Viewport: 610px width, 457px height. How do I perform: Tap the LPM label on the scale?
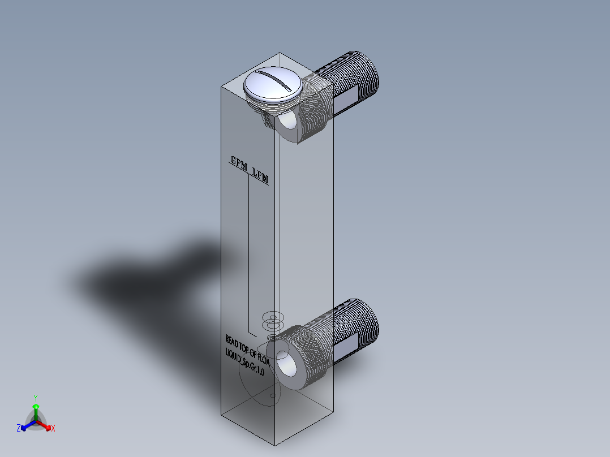[x=260, y=176]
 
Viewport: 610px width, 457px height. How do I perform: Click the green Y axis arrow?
[x=35, y=403]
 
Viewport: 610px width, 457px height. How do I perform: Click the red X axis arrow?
[x=48, y=427]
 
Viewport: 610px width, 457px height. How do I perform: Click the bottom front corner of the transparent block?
[x=275, y=444]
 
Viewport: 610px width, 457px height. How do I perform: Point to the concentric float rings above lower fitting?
[x=273, y=322]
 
